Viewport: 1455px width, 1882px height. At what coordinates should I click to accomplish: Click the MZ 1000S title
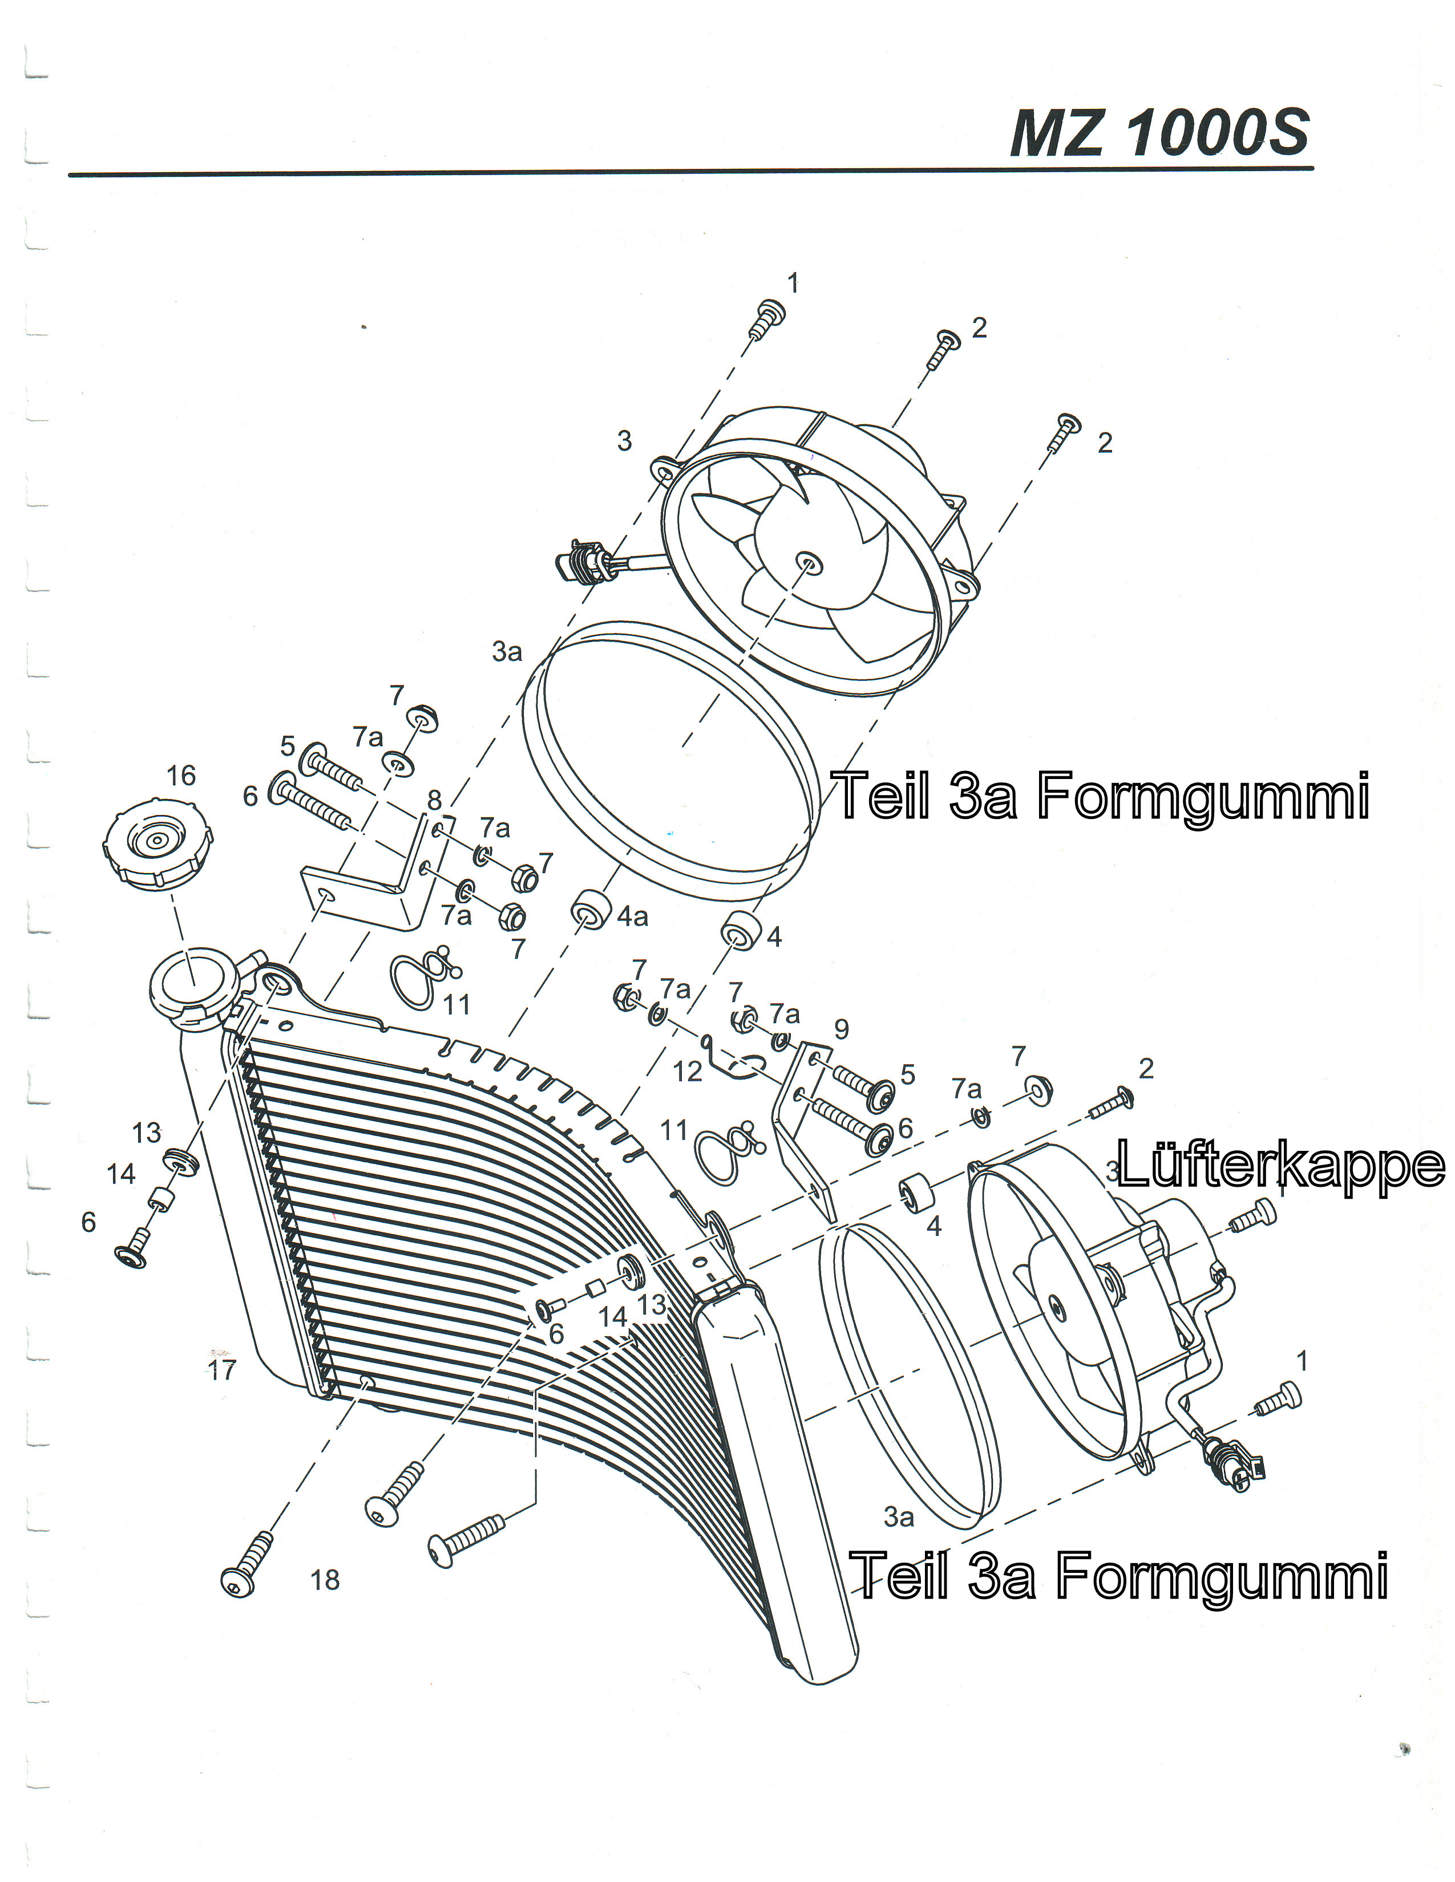(1159, 133)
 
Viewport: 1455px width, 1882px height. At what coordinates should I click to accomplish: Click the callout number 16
(181, 776)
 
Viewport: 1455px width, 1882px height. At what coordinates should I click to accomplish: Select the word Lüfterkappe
(1280, 1165)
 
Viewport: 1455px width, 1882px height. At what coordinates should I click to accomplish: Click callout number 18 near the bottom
(325, 1580)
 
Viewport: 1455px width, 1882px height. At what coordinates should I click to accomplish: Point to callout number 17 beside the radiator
(221, 1370)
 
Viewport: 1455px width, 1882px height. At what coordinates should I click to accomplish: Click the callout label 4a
(633, 917)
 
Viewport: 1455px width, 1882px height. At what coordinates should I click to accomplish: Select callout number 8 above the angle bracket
(434, 801)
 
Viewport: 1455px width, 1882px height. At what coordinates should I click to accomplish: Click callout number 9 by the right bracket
(841, 1029)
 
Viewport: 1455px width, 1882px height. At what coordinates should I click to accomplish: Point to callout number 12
(687, 1071)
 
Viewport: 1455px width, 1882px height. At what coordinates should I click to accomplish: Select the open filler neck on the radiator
(192, 981)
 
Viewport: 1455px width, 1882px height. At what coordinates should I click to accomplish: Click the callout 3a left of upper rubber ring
(507, 652)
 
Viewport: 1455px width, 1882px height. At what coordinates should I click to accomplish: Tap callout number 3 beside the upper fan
(624, 441)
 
